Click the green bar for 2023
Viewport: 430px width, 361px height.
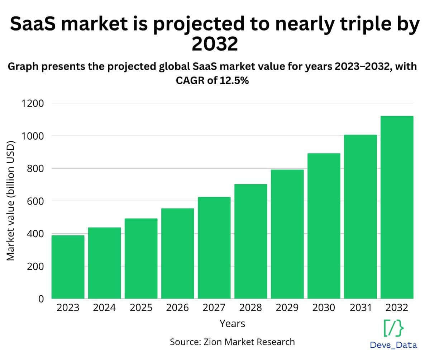point(68,267)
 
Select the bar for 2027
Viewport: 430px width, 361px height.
point(214,248)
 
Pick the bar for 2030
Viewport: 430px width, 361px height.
point(324,226)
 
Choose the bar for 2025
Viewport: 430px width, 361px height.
point(141,258)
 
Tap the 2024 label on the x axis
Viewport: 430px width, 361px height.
point(104,308)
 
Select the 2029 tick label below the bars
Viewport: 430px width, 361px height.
point(287,308)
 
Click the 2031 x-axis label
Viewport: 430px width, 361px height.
point(360,308)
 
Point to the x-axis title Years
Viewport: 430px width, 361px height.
point(232,323)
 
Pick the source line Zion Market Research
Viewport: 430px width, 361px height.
point(232,342)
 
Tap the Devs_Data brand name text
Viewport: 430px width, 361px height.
point(393,345)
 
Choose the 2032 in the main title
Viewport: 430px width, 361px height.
point(215,44)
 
